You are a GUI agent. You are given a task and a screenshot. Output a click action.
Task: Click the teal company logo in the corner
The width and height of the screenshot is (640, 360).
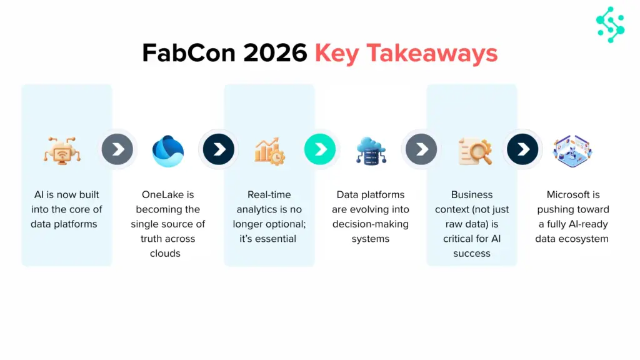click(610, 25)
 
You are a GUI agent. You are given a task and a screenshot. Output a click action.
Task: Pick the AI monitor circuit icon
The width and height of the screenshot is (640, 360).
click(62, 151)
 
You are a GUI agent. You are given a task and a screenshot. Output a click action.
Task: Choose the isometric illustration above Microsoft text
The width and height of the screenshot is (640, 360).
click(572, 151)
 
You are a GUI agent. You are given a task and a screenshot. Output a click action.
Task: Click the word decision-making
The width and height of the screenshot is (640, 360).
click(370, 224)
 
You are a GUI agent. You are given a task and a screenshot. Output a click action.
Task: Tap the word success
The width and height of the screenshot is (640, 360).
click(472, 253)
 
